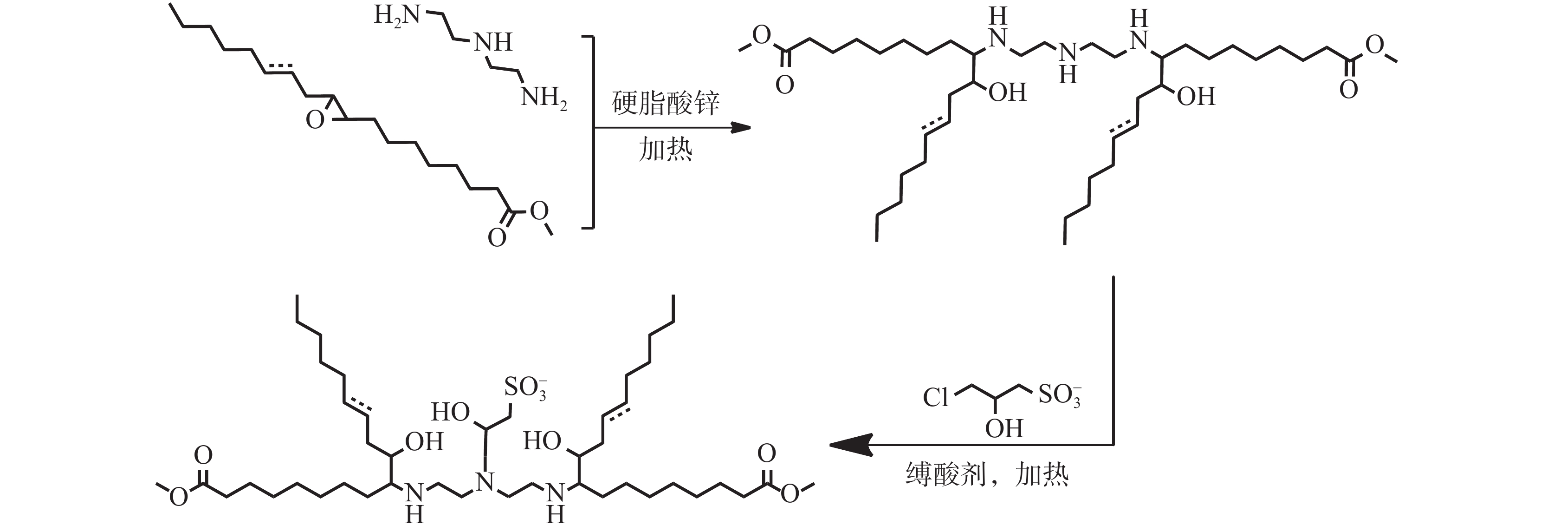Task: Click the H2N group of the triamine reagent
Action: [x=396, y=14]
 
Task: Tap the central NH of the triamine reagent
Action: [x=493, y=42]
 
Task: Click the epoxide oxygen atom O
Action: [x=315, y=119]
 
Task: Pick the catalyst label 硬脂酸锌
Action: [x=665, y=103]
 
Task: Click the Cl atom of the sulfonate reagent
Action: [x=936, y=398]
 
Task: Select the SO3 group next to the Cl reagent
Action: [x=1059, y=395]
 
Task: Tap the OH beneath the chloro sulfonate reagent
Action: [x=1004, y=429]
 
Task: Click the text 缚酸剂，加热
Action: [x=987, y=475]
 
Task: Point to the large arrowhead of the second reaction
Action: [x=850, y=445]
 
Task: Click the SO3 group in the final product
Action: [x=525, y=387]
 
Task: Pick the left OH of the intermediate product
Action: [x=1007, y=93]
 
